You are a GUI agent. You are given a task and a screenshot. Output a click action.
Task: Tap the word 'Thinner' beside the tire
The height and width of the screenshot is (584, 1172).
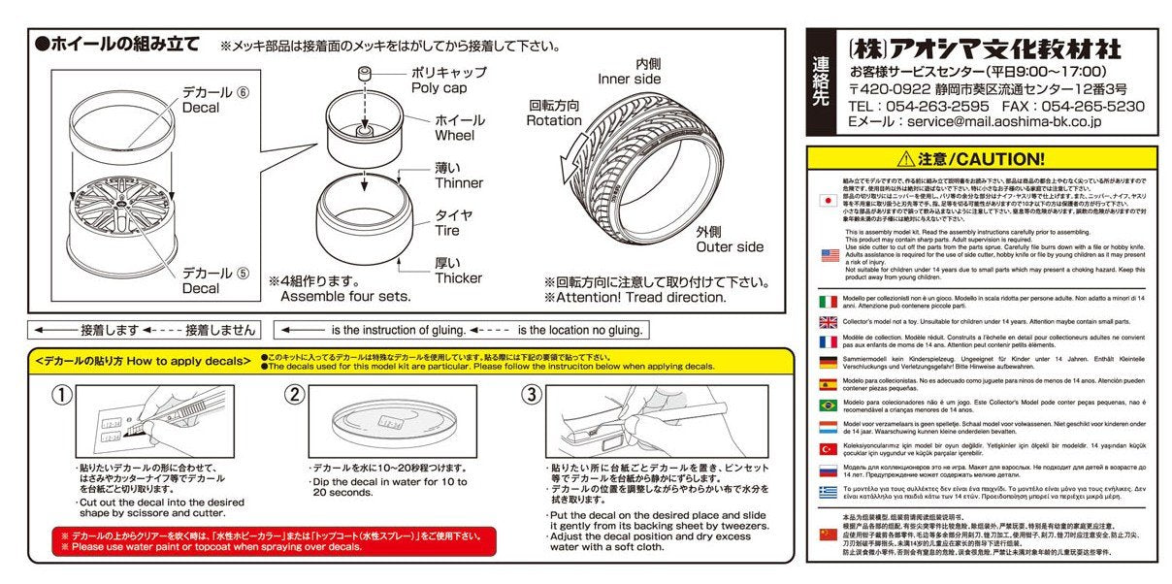(x=459, y=183)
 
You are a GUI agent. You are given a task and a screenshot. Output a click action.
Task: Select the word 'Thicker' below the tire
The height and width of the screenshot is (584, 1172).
(x=459, y=277)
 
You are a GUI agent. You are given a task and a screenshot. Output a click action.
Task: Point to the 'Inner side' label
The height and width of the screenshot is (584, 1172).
(x=629, y=80)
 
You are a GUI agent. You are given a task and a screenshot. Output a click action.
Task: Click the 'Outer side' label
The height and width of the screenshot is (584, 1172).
(x=729, y=246)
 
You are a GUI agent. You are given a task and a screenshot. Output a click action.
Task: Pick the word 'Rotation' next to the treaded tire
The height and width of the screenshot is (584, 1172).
(x=554, y=120)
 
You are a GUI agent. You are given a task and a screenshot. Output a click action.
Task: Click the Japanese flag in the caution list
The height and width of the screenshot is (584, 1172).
(x=829, y=200)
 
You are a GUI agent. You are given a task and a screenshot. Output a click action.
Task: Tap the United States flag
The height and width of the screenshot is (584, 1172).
(x=829, y=255)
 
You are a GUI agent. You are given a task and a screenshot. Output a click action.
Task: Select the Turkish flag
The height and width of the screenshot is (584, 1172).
(x=829, y=449)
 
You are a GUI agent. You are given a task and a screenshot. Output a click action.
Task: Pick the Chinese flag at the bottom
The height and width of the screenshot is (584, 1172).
(x=829, y=535)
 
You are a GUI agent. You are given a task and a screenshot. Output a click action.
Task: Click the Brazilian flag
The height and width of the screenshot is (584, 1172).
(x=829, y=406)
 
